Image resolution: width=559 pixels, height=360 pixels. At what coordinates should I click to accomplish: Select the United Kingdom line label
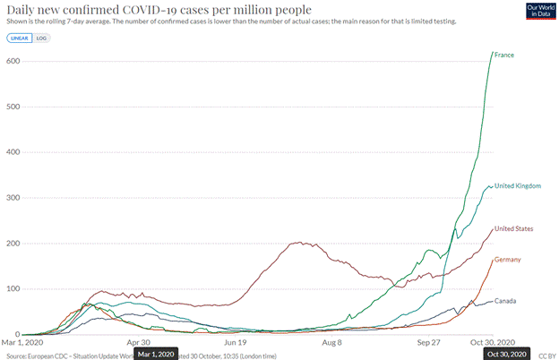(518, 185)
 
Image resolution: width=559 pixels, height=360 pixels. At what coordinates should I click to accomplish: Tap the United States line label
(513, 228)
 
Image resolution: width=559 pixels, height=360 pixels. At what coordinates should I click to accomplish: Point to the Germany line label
(507, 260)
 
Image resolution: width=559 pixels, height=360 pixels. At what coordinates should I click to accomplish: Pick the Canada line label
(505, 301)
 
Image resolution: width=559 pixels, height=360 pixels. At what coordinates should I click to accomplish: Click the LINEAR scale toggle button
(18, 39)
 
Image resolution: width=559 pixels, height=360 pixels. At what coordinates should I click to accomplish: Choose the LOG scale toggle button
(41, 39)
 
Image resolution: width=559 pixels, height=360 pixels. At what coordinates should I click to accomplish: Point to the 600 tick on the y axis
(13, 61)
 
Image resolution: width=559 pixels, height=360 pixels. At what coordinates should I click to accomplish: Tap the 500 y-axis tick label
(13, 107)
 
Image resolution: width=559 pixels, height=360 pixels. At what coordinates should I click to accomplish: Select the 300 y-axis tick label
(13, 198)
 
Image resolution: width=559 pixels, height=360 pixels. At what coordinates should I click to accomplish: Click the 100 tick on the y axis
(13, 289)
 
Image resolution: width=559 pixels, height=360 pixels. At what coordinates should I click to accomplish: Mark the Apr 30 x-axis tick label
(139, 342)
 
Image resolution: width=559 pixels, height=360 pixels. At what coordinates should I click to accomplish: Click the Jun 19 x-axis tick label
(235, 342)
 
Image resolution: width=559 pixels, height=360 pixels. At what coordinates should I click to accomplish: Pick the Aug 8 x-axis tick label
(331, 342)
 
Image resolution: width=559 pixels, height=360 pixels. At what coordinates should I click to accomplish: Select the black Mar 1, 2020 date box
(156, 353)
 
